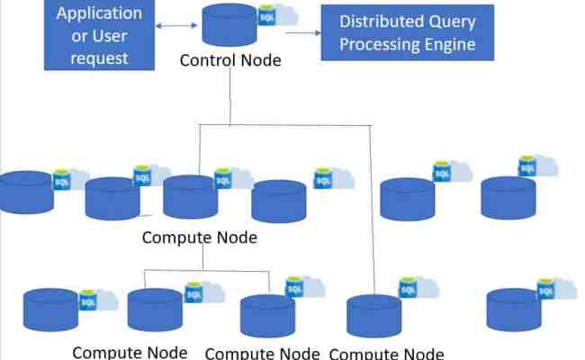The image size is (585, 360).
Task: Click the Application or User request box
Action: tap(99, 34)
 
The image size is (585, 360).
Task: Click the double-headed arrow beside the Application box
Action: tap(171, 26)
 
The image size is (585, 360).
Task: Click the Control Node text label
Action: tap(230, 61)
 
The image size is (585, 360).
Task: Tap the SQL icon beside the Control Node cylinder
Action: tap(267, 18)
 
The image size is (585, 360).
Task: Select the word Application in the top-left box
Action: tap(99, 13)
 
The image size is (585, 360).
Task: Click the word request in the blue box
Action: tap(99, 58)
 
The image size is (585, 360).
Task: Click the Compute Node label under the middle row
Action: tap(199, 238)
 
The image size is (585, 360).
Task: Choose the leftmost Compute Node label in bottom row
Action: tap(130, 352)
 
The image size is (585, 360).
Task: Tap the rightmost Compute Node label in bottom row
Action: tap(386, 353)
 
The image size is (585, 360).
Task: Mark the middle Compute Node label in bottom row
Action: tap(263, 353)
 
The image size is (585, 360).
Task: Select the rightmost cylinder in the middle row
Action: tap(508, 197)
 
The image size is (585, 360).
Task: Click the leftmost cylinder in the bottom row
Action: tap(50, 309)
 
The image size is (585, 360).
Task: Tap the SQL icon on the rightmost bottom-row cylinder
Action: tap(545, 292)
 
